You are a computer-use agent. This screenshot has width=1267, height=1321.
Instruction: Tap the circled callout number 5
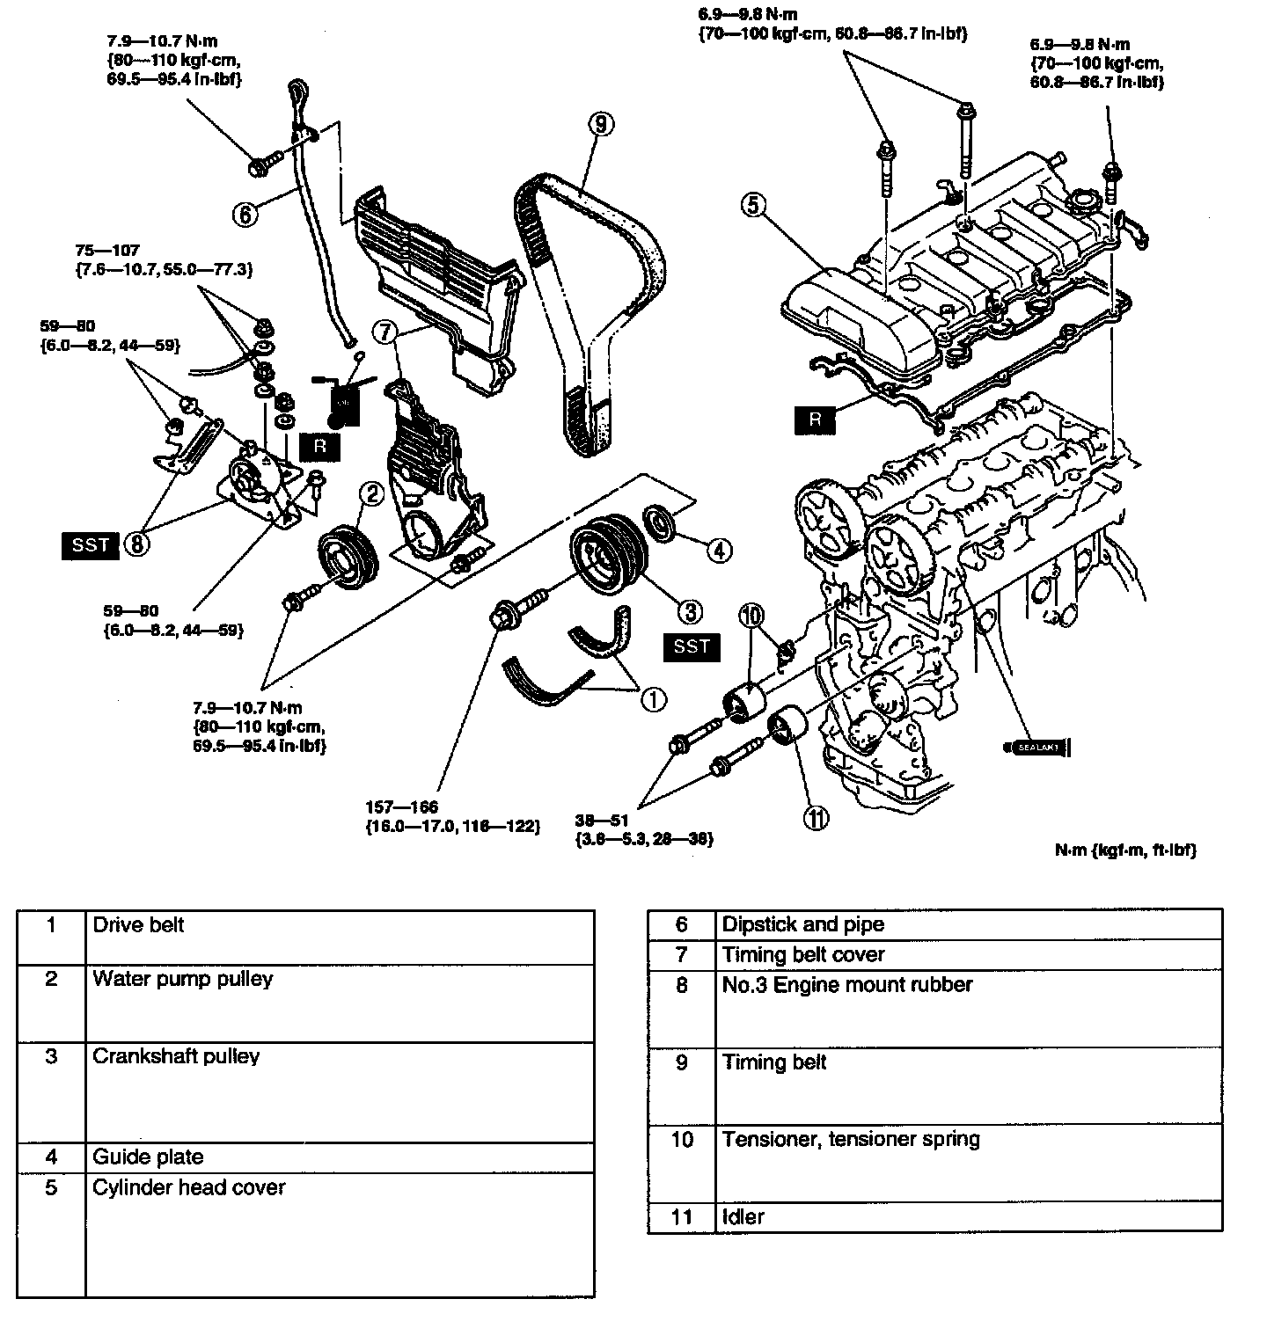(x=754, y=205)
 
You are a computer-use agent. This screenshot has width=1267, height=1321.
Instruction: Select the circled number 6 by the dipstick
(x=246, y=212)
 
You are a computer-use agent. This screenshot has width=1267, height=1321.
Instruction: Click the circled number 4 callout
(x=719, y=551)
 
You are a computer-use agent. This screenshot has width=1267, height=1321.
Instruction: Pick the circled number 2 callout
(x=371, y=493)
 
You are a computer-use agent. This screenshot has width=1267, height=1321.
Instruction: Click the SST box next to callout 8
(x=91, y=545)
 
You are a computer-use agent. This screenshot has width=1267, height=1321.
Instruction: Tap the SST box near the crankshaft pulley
(x=691, y=647)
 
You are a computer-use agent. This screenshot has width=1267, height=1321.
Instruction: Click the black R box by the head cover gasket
(x=816, y=420)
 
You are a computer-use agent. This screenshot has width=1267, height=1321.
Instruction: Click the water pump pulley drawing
(x=347, y=556)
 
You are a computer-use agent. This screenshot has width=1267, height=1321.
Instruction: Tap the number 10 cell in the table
(x=682, y=1140)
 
